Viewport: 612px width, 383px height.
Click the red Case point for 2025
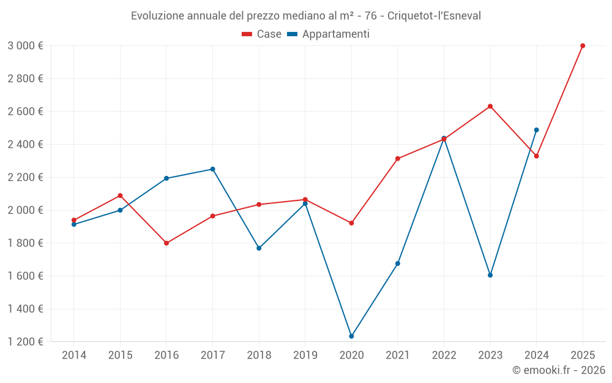tap(583, 46)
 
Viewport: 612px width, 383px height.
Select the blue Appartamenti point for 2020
tap(351, 336)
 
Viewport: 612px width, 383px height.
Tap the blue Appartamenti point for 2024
tap(536, 130)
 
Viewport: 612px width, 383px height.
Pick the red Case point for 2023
tap(490, 107)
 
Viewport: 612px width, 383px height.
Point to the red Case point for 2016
tap(166, 243)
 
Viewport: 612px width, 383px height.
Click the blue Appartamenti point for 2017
tap(212, 169)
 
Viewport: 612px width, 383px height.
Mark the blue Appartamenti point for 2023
tap(490, 275)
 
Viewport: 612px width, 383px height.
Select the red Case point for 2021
tap(398, 159)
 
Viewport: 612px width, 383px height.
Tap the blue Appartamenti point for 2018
tap(259, 248)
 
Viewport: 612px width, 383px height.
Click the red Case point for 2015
tap(120, 195)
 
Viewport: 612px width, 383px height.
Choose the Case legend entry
tap(262, 34)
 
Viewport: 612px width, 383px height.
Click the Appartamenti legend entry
tap(329, 34)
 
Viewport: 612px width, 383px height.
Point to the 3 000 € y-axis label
tap(25, 46)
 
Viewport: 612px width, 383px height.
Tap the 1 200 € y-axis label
tap(25, 342)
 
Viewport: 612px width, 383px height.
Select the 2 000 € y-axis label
tap(25, 210)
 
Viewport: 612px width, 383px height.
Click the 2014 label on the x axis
tap(74, 355)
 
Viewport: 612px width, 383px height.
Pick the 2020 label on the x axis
tap(351, 355)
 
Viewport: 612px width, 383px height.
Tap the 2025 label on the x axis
tap(583, 355)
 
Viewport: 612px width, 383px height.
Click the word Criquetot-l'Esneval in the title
tap(434, 15)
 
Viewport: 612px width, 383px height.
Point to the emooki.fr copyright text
tap(559, 370)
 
